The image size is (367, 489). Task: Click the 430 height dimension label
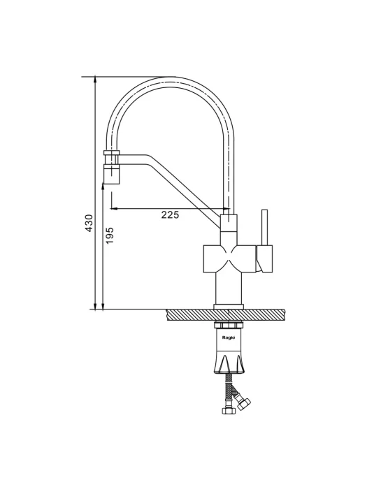(89, 223)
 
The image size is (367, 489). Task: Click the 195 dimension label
(110, 236)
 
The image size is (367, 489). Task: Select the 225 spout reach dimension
(170, 214)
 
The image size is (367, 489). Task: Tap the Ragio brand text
(229, 337)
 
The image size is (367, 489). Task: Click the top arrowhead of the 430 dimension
(96, 80)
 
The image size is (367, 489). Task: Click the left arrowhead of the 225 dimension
(114, 208)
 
